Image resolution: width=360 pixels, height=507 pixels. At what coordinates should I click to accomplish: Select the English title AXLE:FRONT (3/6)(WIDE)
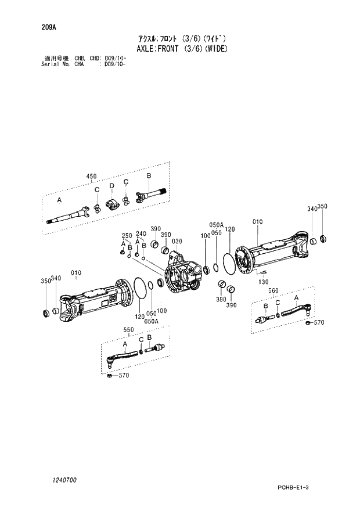coord(182,49)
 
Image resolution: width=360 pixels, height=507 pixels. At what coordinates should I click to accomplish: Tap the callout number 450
coord(92,176)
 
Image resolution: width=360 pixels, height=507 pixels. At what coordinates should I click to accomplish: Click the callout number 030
coord(177,242)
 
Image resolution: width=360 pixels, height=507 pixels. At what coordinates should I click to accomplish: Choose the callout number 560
coord(274,291)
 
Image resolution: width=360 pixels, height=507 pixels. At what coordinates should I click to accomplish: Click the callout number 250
coord(126,235)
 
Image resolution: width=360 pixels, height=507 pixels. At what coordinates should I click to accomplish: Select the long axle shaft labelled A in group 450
coord(70,215)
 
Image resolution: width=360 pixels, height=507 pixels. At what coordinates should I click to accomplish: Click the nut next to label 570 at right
coord(308,322)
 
